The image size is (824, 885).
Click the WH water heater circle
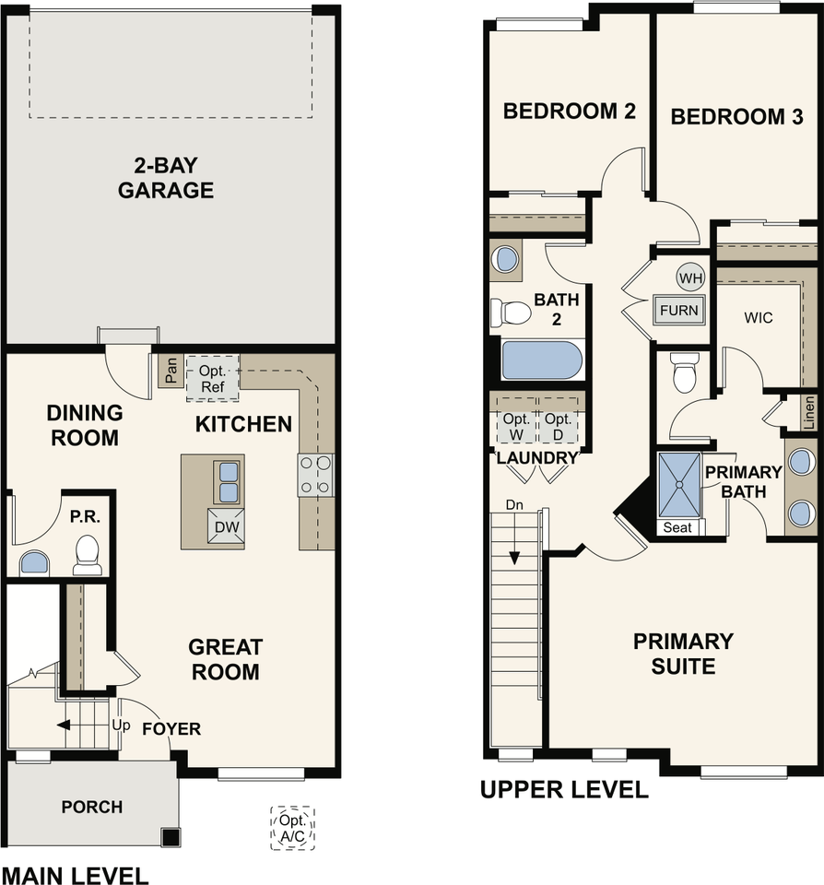[690, 277]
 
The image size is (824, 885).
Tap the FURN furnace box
[679, 310]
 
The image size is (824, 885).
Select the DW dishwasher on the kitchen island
[227, 526]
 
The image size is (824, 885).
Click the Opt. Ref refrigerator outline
[212, 378]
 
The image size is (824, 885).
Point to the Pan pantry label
[171, 371]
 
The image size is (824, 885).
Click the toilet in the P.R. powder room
[88, 555]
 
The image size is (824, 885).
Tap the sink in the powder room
[34, 563]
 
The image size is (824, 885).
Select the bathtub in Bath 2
[541, 360]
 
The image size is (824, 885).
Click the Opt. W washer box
[516, 427]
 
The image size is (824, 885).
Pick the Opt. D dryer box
[559, 427]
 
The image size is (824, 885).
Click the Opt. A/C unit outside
[292, 828]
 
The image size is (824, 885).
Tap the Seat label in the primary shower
[677, 527]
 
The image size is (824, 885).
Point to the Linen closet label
[808, 413]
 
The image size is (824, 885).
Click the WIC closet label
[758, 318]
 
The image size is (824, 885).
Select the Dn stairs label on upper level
[514, 505]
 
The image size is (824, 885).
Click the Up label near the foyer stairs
[122, 726]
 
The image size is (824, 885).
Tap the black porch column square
[170, 836]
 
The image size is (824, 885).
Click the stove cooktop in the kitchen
[315, 476]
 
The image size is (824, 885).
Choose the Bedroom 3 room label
[736, 116]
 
